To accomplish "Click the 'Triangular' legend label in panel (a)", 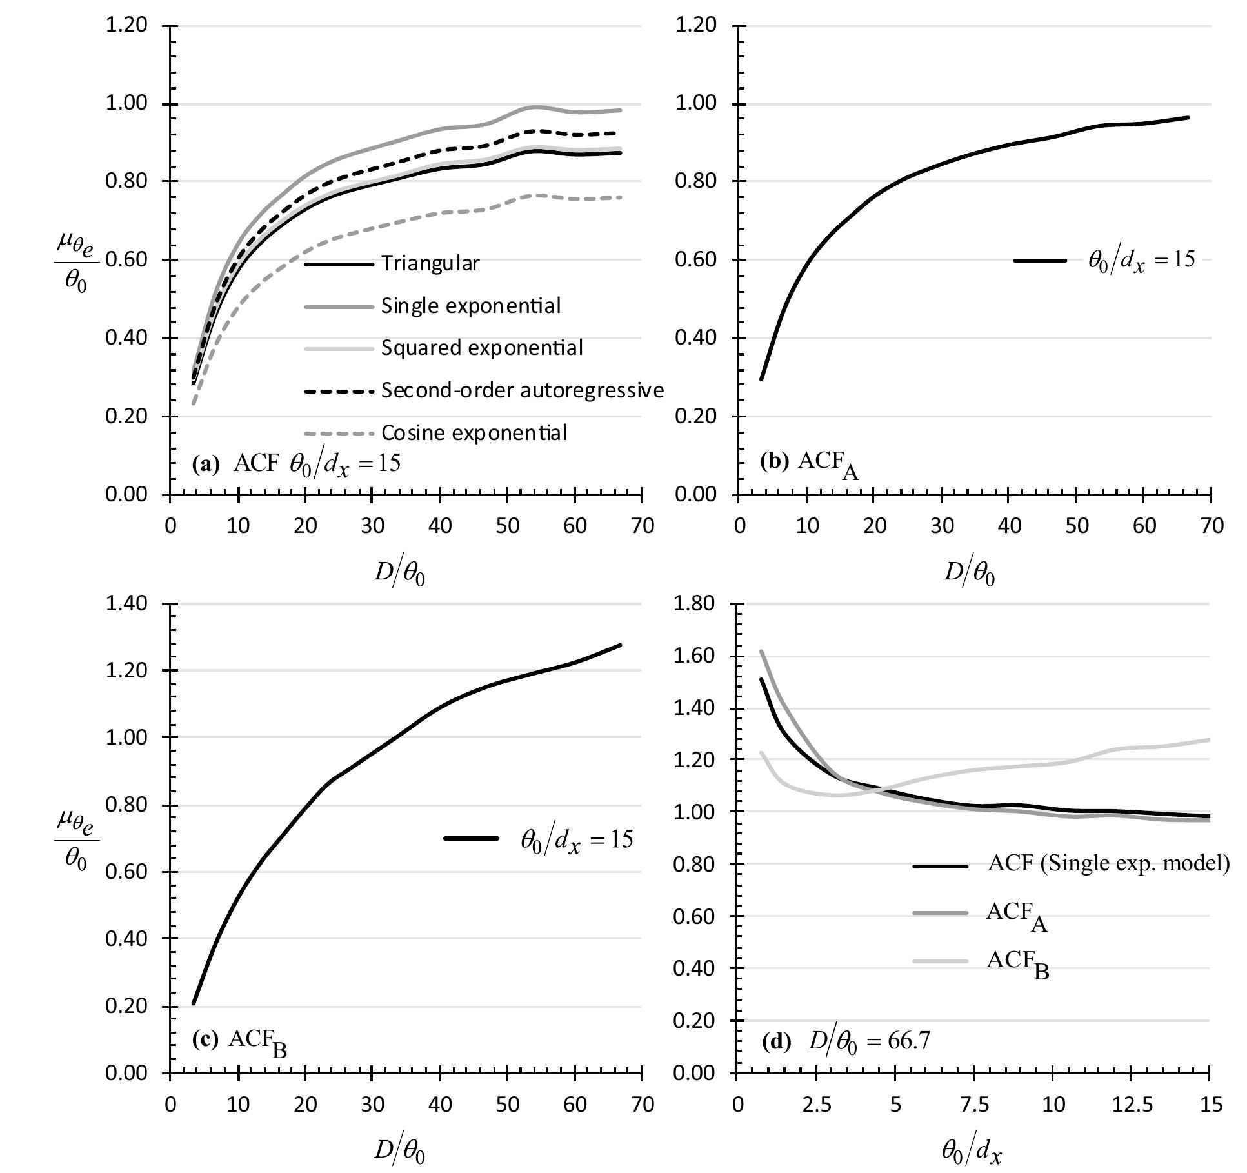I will tap(430, 263).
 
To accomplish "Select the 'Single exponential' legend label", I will tap(471, 305).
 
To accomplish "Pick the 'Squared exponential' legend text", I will tap(482, 348).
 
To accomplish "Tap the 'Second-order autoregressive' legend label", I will tap(523, 390).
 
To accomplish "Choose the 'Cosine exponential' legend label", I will tap(474, 432).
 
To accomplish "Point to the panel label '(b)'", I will tap(773, 461).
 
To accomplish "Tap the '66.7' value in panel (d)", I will tap(910, 1041).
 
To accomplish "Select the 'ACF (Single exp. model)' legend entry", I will tap(1108, 863).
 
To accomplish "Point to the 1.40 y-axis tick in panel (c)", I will tap(126, 604).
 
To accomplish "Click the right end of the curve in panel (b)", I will tap(1188, 117).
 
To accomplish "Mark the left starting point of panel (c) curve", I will tap(193, 1003).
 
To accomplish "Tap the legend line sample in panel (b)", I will tap(1040, 260).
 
